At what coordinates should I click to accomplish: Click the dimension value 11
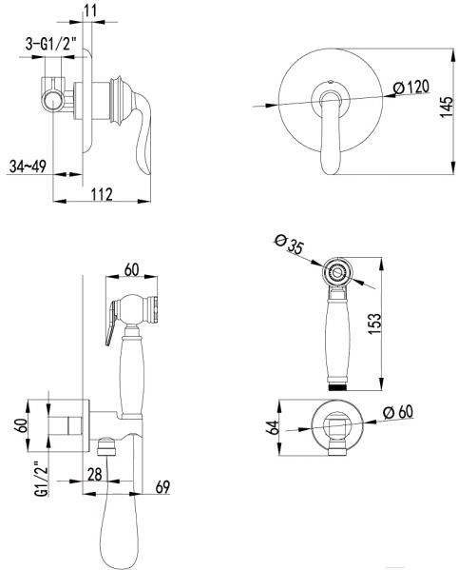tap(90, 10)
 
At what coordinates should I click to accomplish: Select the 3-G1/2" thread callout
tap(51, 45)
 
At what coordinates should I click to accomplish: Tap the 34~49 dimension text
tap(28, 167)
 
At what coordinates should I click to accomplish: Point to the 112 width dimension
tap(102, 194)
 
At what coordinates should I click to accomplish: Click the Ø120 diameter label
tap(411, 88)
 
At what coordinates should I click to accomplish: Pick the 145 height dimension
tap(447, 107)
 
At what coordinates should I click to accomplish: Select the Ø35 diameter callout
tap(289, 244)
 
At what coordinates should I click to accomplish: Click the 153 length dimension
tap(375, 324)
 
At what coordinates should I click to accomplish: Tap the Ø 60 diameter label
tap(398, 412)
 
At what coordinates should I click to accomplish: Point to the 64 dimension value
tap(273, 427)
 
